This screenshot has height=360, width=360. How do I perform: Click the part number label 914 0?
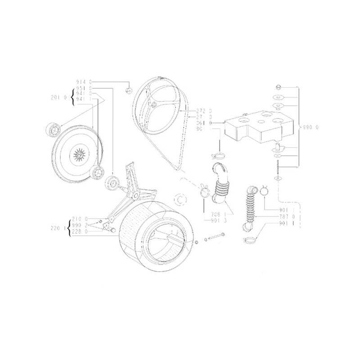pyautogui.click(x=84, y=82)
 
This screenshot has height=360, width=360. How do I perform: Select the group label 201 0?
pyautogui.click(x=59, y=97)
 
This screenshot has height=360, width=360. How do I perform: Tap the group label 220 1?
pyautogui.click(x=58, y=228)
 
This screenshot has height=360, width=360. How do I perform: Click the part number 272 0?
pyautogui.click(x=203, y=111)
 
